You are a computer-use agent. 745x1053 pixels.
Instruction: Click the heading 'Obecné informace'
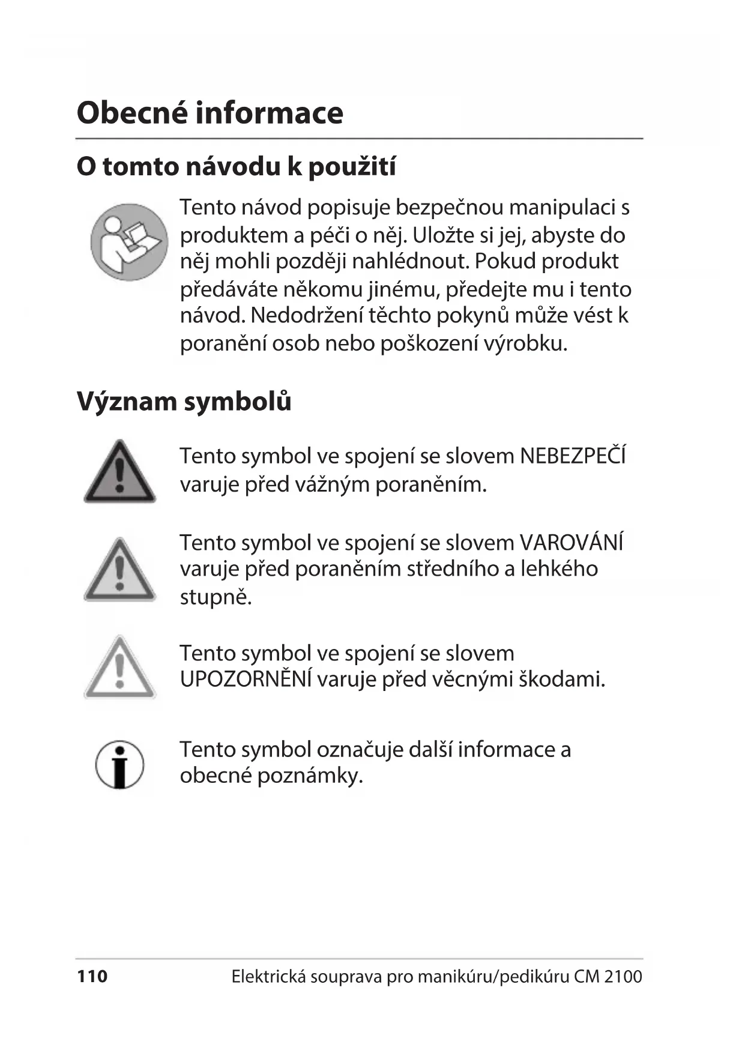tap(210, 113)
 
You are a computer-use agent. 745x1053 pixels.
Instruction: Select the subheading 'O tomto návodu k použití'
tap(236, 166)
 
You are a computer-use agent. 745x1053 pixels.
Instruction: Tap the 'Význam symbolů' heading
tap(184, 401)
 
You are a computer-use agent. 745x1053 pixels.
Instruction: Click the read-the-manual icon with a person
tap(129, 242)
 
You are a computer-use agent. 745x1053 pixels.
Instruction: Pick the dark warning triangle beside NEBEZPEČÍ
tap(119, 473)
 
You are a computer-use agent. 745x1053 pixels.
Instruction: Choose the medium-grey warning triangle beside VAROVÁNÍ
tap(119, 571)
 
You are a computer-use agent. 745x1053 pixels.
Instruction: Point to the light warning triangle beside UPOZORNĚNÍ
tap(119, 668)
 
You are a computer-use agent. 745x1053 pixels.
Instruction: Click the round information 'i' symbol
tap(119, 764)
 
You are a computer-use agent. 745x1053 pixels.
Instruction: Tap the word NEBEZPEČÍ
tap(573, 456)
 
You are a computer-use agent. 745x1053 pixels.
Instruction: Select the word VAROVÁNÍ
tap(572, 543)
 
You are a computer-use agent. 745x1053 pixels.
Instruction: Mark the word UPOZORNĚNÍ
tap(246, 680)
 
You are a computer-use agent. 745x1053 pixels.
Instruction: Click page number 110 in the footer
tap(92, 977)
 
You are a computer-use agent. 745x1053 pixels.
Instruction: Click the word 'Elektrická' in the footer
tap(260, 977)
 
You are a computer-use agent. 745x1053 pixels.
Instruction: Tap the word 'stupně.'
tap(216, 597)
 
